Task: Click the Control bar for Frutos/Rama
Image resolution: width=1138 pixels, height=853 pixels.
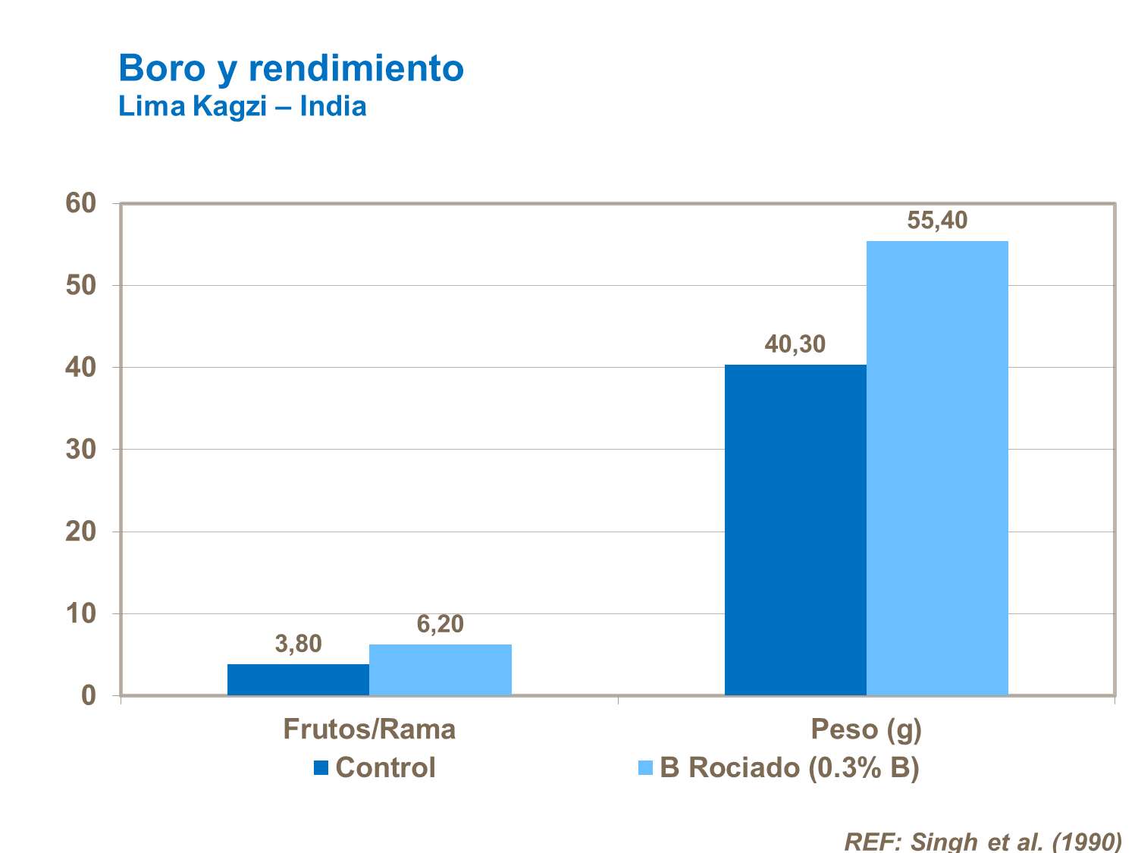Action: pos(298,679)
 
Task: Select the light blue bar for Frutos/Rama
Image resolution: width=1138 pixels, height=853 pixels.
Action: pos(440,670)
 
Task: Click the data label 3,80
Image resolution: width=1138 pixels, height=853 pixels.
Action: pos(298,644)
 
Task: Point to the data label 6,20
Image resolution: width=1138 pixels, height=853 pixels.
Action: pos(440,624)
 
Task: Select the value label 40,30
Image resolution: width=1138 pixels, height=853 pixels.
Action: pos(795,344)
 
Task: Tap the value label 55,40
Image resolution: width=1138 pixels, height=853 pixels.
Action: pos(937,221)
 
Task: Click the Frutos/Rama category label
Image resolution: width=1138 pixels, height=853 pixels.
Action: pos(369,729)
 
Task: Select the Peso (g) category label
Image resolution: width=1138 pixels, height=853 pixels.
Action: pos(866,729)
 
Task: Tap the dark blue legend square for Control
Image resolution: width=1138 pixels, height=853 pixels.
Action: pos(321,768)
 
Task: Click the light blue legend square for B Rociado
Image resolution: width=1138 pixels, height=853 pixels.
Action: pos(646,768)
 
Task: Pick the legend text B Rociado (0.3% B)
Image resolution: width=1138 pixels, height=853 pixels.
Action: pos(789,768)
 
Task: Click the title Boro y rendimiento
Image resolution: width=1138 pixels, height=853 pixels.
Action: pos(291,68)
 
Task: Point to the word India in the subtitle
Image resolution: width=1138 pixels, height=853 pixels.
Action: pos(333,106)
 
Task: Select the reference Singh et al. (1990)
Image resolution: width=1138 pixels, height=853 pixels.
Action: pos(983,841)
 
